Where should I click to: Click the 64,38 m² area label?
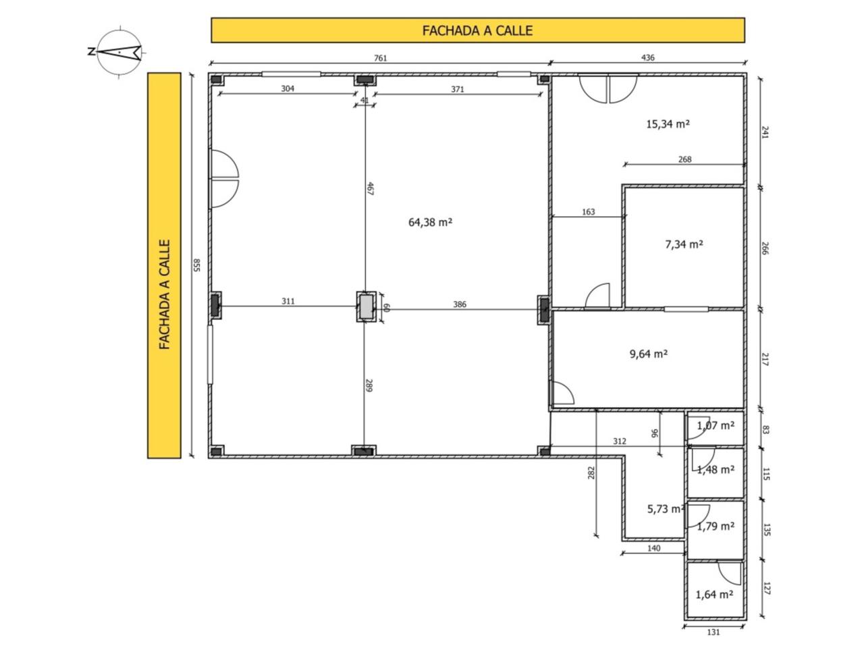(430, 222)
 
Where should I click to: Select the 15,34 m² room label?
(668, 124)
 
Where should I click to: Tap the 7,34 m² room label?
(684, 244)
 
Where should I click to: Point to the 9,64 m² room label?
(648, 354)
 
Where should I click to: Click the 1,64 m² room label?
(714, 594)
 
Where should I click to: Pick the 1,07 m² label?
(715, 425)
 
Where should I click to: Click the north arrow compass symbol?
(117, 52)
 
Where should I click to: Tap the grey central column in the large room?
(366, 306)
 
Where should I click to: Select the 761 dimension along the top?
(380, 58)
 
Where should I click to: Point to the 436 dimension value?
(647, 58)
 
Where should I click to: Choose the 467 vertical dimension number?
(370, 188)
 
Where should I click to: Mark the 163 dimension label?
(588, 212)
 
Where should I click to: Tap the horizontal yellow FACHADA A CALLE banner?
(478, 30)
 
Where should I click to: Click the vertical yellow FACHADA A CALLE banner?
(164, 265)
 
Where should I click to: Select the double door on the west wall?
(225, 178)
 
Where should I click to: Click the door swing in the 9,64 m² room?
(563, 392)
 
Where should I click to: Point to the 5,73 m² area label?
(665, 509)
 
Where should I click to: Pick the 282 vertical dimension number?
(591, 473)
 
